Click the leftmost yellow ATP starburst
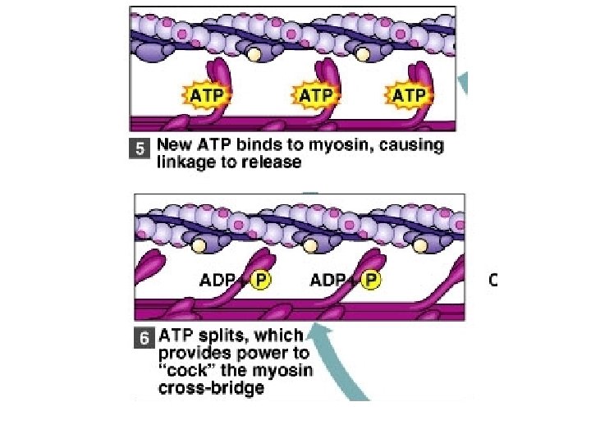(x=205, y=96)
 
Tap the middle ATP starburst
(x=316, y=96)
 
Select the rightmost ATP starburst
(x=408, y=96)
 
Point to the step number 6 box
(x=145, y=337)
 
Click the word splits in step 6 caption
(x=223, y=336)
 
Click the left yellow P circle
(x=261, y=281)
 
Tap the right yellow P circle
(x=371, y=281)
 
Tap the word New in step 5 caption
(x=174, y=147)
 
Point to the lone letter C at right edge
(x=493, y=280)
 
